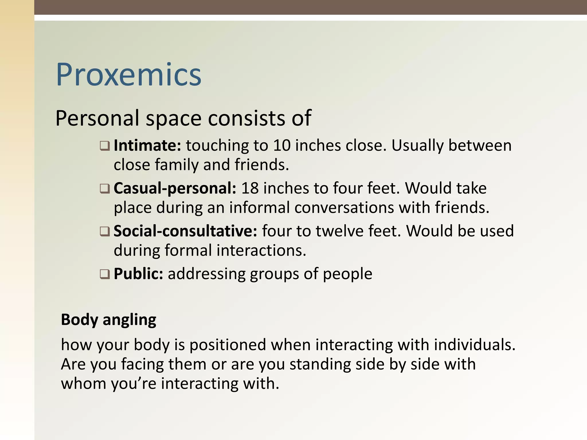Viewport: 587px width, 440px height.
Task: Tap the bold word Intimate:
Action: tap(147, 146)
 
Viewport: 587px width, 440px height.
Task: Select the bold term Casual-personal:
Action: tap(175, 188)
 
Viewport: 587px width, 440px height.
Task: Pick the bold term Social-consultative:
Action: tap(185, 231)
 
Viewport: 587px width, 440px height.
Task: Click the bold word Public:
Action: tap(138, 274)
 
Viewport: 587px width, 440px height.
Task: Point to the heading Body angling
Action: tap(109, 319)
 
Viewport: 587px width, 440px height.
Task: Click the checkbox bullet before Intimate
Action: tap(105, 146)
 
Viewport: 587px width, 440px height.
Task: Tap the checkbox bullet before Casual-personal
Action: tap(105, 189)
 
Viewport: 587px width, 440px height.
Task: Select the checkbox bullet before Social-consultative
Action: tap(105, 231)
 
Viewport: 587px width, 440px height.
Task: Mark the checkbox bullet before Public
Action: tap(105, 274)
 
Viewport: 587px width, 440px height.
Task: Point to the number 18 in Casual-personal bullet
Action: tap(250, 188)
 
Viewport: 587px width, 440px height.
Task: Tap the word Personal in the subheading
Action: tap(97, 118)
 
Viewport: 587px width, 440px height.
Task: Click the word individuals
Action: tap(474, 345)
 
